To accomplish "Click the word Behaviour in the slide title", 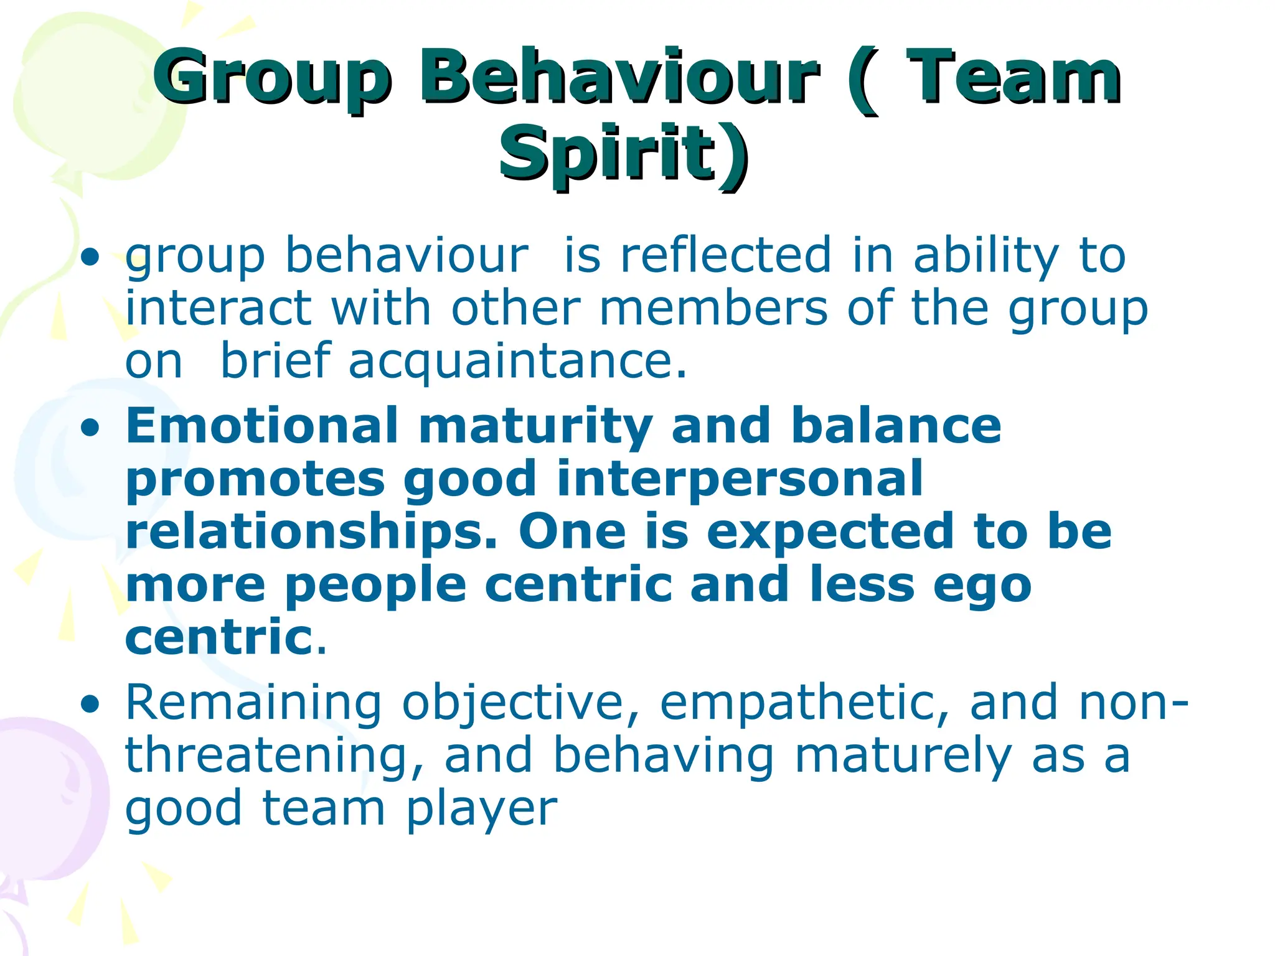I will [619, 78].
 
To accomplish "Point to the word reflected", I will [726, 255].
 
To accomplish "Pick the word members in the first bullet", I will [713, 308].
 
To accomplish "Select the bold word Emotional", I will [262, 426].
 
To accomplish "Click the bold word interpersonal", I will [740, 479].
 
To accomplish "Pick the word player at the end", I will [482, 809].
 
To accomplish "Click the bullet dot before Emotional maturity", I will [91, 428].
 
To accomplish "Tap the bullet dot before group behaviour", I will [91, 256].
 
